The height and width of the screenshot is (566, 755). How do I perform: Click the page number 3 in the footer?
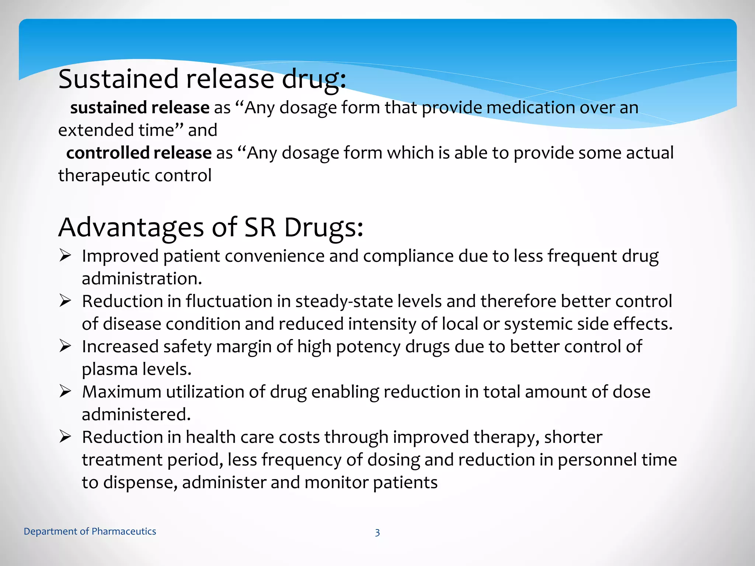click(377, 532)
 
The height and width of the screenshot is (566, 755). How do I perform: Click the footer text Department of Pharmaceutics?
click(90, 531)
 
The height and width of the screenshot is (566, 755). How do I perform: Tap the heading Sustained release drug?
click(202, 79)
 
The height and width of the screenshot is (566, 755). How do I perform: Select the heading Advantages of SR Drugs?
click(211, 227)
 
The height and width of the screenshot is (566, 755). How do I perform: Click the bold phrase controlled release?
click(139, 153)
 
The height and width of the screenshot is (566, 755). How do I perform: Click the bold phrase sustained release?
click(140, 108)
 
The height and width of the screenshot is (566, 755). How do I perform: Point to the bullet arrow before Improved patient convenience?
click(65, 255)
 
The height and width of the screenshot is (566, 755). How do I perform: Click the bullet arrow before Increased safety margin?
click(65, 346)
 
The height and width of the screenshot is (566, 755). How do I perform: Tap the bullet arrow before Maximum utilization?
click(65, 391)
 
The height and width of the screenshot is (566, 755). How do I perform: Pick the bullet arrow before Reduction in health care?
click(65, 437)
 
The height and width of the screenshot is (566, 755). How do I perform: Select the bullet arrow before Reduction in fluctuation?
click(65, 301)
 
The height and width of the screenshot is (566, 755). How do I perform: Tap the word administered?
click(136, 415)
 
